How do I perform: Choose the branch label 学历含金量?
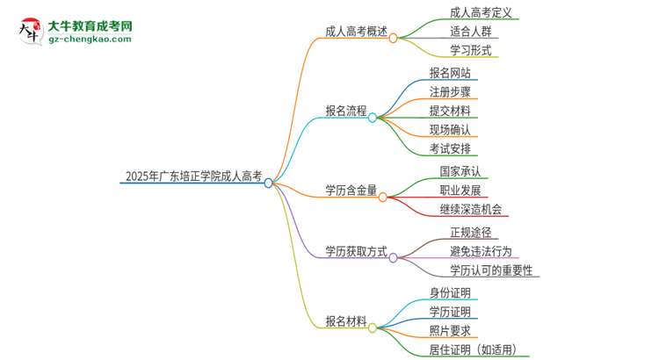click(x=351, y=190)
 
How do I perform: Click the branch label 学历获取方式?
click(x=356, y=251)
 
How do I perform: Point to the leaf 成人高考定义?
click(x=481, y=13)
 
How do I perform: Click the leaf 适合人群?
click(x=470, y=32)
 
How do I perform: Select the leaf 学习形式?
click(x=470, y=50)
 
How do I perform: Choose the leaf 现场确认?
click(x=450, y=129)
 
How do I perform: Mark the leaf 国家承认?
click(x=460, y=171)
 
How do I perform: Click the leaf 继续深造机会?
click(x=471, y=209)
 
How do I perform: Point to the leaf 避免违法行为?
click(x=481, y=251)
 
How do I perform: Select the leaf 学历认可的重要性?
click(x=491, y=270)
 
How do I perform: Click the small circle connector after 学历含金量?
click(x=383, y=198)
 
